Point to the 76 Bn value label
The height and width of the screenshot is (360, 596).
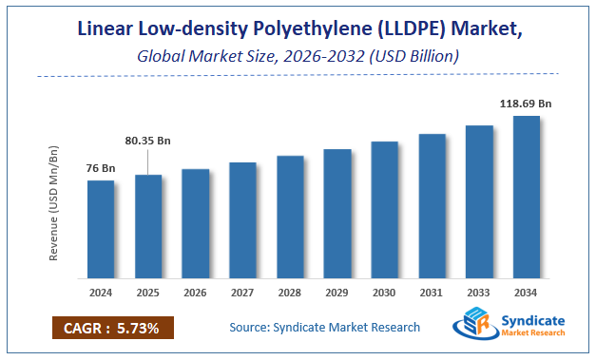[x=100, y=168]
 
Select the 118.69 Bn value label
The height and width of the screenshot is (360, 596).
[x=527, y=103]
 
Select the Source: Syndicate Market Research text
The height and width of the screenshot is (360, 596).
[x=324, y=328]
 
